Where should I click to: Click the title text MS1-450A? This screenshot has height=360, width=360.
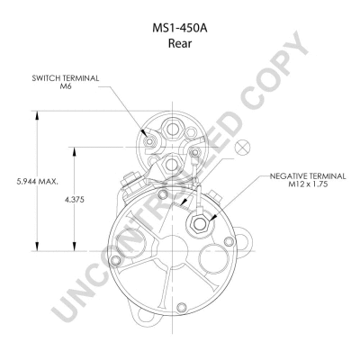point(180,28)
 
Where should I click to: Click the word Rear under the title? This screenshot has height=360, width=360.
point(180,43)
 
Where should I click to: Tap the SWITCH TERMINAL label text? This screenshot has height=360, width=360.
point(66,78)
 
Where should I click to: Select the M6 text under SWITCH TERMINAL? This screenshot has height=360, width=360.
point(66,85)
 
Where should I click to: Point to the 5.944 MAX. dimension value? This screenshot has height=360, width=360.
point(38,182)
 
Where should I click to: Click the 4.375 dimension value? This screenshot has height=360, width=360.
point(74,200)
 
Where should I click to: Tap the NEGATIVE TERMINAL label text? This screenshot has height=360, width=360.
point(308,176)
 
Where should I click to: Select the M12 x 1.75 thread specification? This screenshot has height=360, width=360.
point(308,184)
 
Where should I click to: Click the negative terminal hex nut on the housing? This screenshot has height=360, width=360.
point(198,223)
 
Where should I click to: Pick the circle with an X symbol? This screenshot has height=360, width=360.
point(242,147)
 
